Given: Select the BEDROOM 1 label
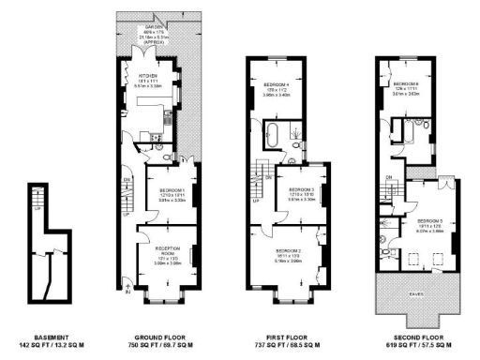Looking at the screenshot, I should tap(165, 190).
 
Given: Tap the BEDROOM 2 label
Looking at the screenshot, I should tap(288, 251).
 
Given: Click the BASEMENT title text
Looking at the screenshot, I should tap(45, 334).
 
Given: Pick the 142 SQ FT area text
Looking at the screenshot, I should tap(45, 344).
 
